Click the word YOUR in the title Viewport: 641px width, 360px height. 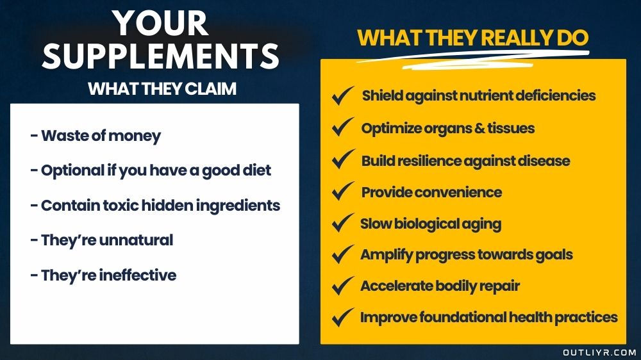[x=161, y=24]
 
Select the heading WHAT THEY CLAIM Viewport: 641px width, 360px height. [x=162, y=88]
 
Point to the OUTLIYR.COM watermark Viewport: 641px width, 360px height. [x=599, y=352]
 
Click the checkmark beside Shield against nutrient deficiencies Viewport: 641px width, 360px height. [x=342, y=96]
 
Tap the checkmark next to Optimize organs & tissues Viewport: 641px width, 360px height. [x=342, y=128]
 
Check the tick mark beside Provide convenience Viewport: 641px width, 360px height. [x=342, y=192]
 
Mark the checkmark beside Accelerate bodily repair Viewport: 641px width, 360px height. [x=342, y=286]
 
